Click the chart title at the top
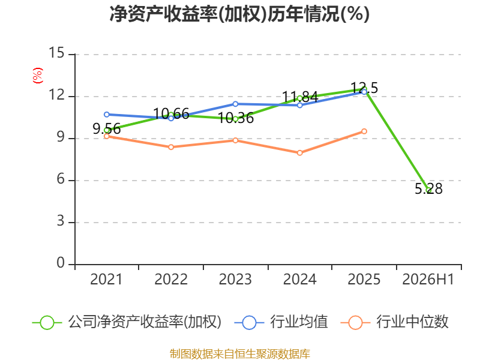click(x=239, y=14)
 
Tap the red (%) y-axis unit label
click(x=38, y=76)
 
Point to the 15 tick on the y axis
click(x=56, y=53)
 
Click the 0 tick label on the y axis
click(x=61, y=263)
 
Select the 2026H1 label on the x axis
click(x=428, y=279)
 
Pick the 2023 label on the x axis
click(x=235, y=279)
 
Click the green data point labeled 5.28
click(x=429, y=190)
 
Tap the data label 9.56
click(x=107, y=129)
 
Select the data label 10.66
click(x=171, y=114)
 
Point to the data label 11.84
click(x=300, y=97)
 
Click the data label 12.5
click(x=364, y=88)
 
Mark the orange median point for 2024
click(x=299, y=153)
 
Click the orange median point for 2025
click(x=364, y=131)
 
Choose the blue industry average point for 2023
click(x=235, y=104)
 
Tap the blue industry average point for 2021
click(x=107, y=115)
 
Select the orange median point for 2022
click(x=171, y=147)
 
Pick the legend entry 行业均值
click(x=281, y=322)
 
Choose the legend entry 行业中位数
click(x=394, y=322)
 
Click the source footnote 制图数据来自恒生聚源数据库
click(x=240, y=354)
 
